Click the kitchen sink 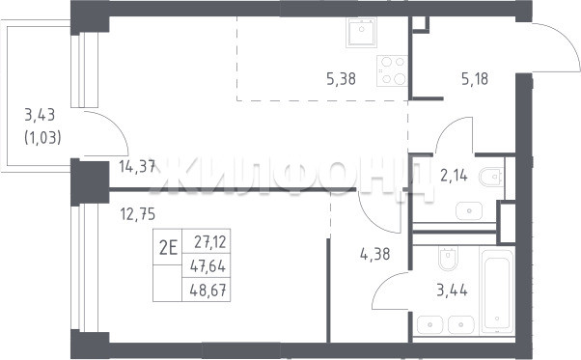click(x=361, y=32)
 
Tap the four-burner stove click(x=393, y=70)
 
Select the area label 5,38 click(x=341, y=79)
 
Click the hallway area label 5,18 click(x=475, y=79)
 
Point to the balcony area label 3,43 click(x=40, y=115)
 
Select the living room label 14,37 click(x=137, y=167)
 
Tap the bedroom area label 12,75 click(x=138, y=214)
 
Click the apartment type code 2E click(x=168, y=247)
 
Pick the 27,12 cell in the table click(x=210, y=242)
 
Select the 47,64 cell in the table click(x=207, y=266)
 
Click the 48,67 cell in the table click(x=207, y=290)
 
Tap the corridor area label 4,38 click(x=375, y=254)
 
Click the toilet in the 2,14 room click(x=491, y=177)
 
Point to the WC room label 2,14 click(x=454, y=176)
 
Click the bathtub click(x=497, y=291)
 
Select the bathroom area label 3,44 click(x=452, y=290)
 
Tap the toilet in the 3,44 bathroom click(x=448, y=258)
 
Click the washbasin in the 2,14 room click(x=469, y=210)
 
